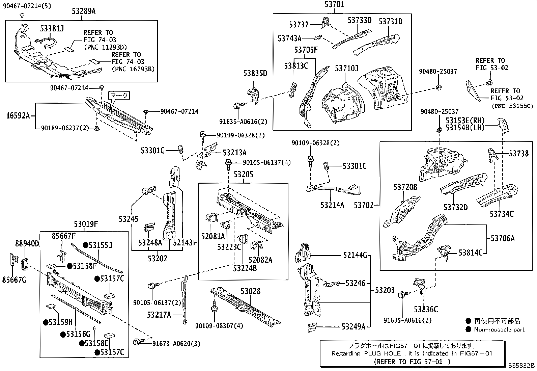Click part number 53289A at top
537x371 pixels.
click(83, 11)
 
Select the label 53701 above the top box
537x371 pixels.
click(335, 5)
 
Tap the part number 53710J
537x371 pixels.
click(346, 69)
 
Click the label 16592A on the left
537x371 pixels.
click(18, 116)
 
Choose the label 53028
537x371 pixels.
click(250, 291)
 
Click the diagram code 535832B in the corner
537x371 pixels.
click(521, 365)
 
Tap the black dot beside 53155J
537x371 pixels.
click(86, 245)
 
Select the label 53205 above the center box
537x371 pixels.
click(243, 175)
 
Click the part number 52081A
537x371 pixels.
click(213, 237)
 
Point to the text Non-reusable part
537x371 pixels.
click(499, 329)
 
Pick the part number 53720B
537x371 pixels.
click(405, 187)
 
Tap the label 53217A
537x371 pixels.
click(159, 315)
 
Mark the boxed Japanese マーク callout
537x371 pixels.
click(119, 96)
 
